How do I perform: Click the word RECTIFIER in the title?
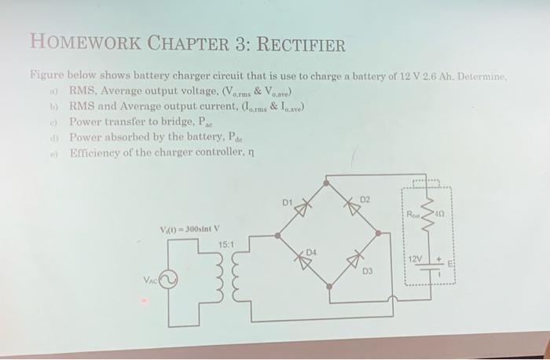point(299,44)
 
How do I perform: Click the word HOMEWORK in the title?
point(78,44)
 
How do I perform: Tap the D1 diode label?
point(288,204)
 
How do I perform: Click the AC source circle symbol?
point(168,279)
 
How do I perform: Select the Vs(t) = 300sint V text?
point(190,230)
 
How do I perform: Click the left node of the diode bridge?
point(277,233)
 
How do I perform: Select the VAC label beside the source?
point(149,280)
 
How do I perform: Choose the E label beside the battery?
point(452,266)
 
